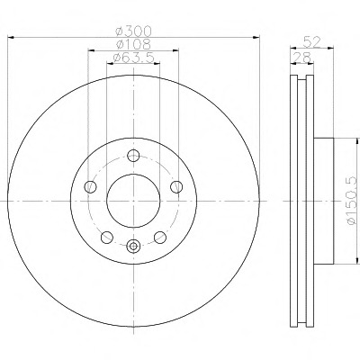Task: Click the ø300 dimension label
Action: click(134, 31)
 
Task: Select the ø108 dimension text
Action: click(133, 44)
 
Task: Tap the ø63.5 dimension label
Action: click(133, 58)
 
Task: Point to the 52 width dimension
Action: click(312, 41)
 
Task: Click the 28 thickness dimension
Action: click(302, 58)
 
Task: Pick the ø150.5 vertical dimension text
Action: click(353, 201)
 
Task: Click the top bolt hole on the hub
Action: click(133, 156)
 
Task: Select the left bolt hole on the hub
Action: click(91, 186)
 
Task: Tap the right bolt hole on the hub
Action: click(176, 186)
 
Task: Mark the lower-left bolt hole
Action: click(107, 238)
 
